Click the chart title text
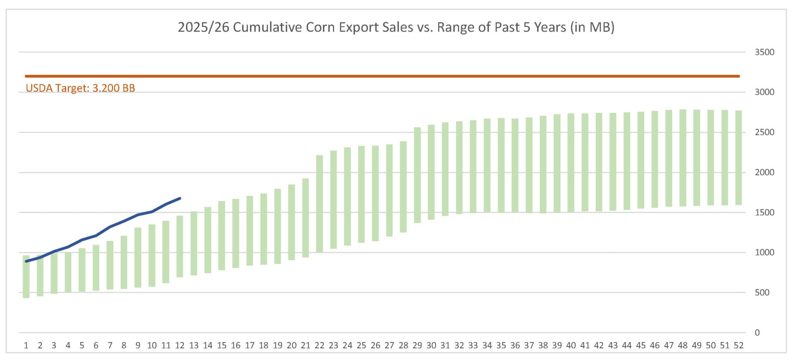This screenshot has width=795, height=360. click(396, 27)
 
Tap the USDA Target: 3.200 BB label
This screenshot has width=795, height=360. click(80, 88)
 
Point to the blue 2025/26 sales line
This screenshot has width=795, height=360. click(110, 227)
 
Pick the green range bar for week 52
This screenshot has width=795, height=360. click(738, 158)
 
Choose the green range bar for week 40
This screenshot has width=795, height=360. click(571, 163)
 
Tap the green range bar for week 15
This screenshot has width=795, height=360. click(222, 236)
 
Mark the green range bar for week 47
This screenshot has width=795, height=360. click(669, 158)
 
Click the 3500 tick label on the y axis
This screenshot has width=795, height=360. click(764, 52)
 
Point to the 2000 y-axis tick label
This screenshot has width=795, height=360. click(764, 172)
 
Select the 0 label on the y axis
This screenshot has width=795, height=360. click(757, 333)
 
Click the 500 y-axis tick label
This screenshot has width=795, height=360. click(762, 292)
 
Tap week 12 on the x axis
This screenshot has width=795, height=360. click(180, 346)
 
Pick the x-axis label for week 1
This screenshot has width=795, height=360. click(26, 346)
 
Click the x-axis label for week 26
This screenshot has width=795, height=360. click(375, 346)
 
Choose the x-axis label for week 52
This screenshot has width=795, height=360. click(738, 346)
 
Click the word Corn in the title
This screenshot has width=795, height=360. click(320, 27)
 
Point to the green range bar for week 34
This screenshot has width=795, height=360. click(487, 166)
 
